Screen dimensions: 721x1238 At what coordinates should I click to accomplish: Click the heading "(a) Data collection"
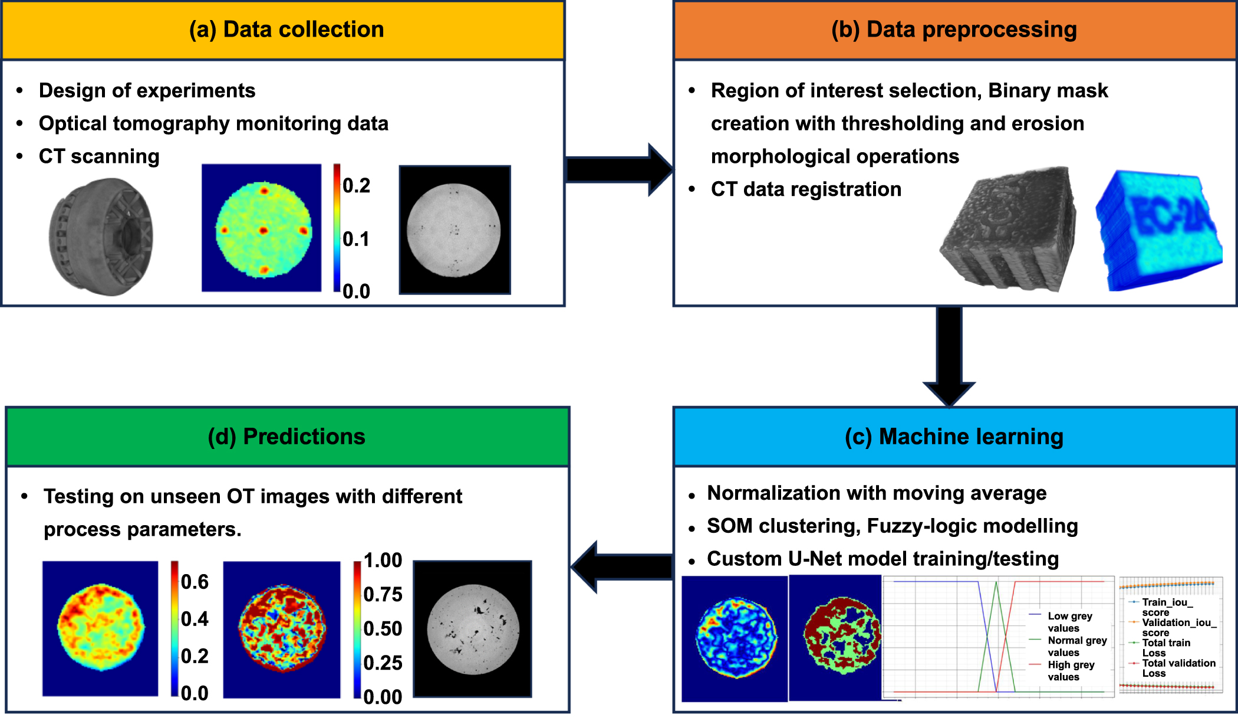286,30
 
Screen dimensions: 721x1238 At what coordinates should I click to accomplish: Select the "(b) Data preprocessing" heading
954,30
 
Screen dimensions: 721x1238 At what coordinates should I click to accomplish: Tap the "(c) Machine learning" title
954,437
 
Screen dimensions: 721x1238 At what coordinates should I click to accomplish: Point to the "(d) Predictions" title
287,437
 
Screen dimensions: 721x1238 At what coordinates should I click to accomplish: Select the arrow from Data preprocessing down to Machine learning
949,354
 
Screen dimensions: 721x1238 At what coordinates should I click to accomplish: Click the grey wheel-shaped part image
101,237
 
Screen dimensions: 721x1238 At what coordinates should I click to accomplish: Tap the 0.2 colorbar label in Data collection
356,186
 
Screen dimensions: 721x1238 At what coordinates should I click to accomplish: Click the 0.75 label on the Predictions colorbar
383,595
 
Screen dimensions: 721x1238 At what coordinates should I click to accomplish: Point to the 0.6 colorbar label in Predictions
195,582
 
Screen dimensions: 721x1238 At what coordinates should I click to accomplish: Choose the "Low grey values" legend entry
1069,622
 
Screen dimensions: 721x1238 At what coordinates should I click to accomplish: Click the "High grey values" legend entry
1071,671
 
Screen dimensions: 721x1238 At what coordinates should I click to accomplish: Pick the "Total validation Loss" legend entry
1178,668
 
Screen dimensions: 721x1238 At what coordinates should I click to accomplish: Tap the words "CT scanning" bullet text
99,156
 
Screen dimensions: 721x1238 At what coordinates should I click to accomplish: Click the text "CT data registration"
806,189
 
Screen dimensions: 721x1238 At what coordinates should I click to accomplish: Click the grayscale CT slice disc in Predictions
473,630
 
